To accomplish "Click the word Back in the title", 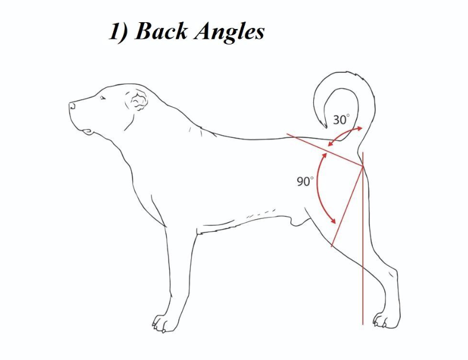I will click(x=162, y=31).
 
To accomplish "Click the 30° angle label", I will click(x=341, y=120).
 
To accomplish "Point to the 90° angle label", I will click(x=305, y=182).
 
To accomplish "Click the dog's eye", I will click(x=103, y=98).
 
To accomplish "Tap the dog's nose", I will click(x=72, y=105).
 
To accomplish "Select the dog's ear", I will click(x=137, y=103).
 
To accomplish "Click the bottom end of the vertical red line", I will click(x=363, y=324).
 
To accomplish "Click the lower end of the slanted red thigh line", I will click(x=331, y=247).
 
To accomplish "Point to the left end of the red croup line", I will click(x=287, y=135).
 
